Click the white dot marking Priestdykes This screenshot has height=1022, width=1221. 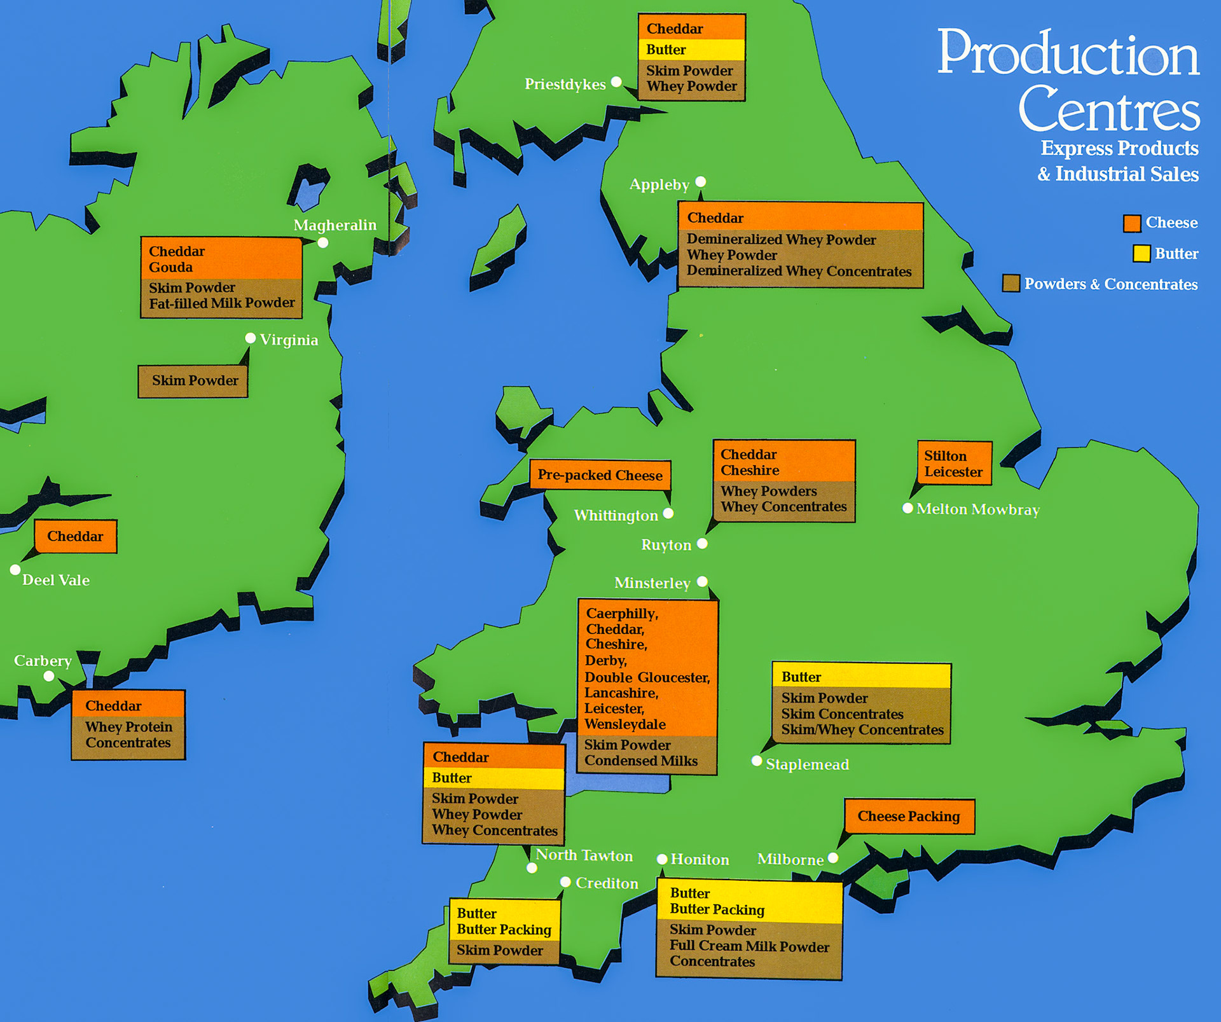(616, 82)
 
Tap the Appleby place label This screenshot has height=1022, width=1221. (659, 185)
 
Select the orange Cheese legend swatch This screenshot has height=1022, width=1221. (1132, 223)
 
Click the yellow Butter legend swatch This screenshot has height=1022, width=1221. (1142, 254)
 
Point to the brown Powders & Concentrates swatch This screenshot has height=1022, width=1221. (1011, 284)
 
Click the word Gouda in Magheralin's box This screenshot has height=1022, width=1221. (170, 268)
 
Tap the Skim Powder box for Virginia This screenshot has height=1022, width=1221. (193, 381)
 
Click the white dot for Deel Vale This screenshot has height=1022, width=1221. (15, 570)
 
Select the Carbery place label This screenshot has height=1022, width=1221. (43, 661)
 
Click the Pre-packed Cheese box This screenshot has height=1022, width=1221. (600, 475)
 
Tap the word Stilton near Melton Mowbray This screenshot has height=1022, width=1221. (945, 456)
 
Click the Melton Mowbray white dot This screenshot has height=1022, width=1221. (908, 508)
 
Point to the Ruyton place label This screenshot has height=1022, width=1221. (666, 545)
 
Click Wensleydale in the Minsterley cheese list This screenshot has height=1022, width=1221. (624, 724)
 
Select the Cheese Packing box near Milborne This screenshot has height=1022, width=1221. (909, 817)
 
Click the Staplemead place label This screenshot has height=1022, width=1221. (807, 764)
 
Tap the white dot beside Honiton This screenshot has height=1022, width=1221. (662, 859)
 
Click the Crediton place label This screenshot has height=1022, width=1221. (607, 883)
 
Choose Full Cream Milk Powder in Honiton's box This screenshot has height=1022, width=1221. (749, 946)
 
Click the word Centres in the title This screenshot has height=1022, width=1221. (1109, 109)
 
